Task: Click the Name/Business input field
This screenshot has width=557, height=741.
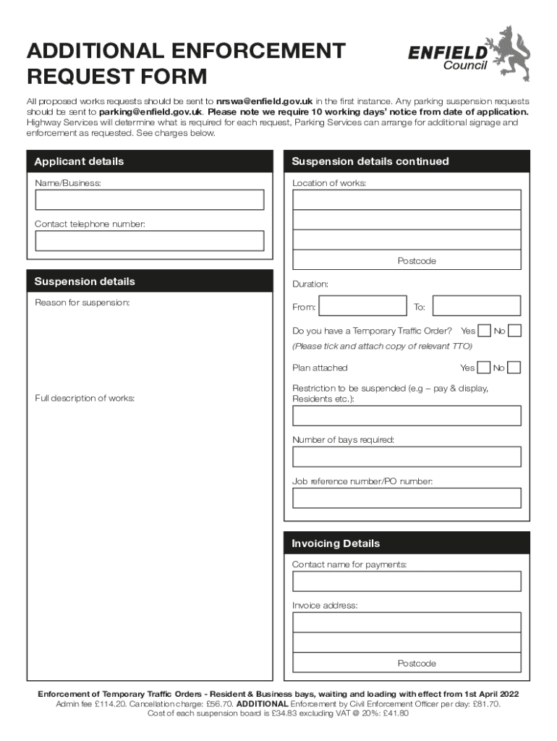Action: point(149,200)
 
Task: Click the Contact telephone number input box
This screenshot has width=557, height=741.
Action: point(149,240)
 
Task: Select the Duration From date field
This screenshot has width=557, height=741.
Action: point(362,306)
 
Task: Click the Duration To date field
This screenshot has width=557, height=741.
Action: point(475,306)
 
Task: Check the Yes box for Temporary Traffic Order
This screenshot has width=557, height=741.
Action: point(484,331)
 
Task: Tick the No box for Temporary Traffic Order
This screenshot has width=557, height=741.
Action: point(514,331)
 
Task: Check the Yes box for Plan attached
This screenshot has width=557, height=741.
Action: point(484,368)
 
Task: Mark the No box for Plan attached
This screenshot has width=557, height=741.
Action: point(514,368)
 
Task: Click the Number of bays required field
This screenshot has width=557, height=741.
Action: point(407,457)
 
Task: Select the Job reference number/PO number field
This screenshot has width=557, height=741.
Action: point(407,498)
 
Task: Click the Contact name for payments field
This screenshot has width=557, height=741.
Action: point(407,581)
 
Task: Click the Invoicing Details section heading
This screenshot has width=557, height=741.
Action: point(336,543)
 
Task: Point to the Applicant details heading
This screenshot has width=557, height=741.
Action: point(79,161)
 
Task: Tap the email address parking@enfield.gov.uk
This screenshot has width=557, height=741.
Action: point(150,112)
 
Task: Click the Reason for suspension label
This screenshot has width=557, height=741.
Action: point(82,302)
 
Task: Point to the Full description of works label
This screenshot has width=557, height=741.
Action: point(85,398)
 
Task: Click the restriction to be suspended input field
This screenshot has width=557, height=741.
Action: point(407,415)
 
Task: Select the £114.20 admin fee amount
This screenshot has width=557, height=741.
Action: point(111,703)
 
